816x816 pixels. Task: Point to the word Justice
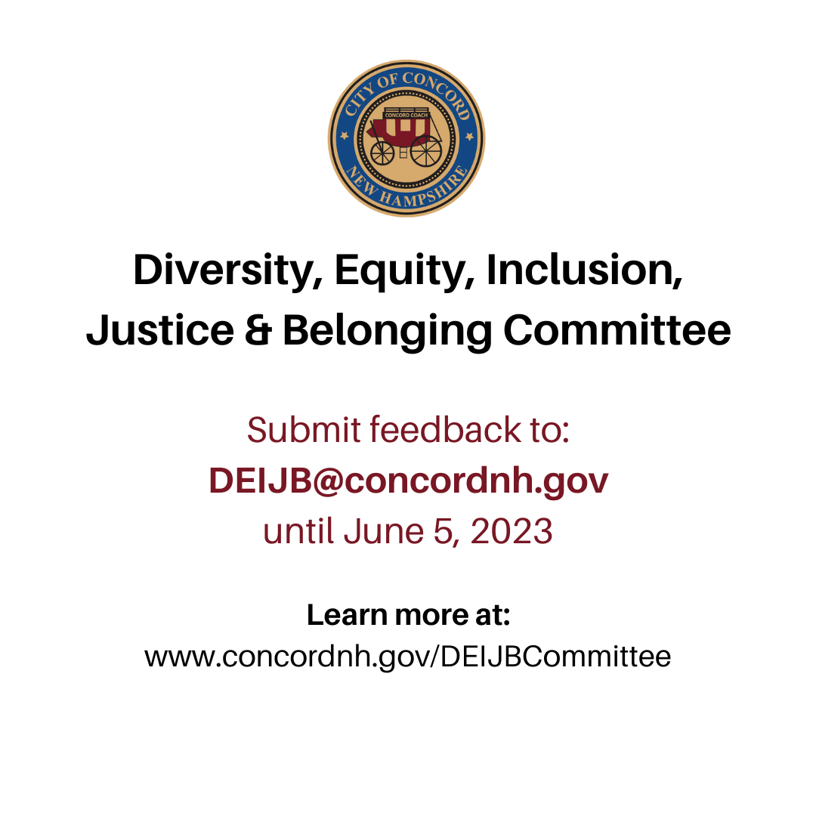[x=160, y=330]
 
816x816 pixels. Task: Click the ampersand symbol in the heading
[x=258, y=330]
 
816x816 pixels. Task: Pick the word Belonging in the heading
[x=387, y=332]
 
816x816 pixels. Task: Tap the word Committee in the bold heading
[x=617, y=330]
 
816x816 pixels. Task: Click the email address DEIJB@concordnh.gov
[x=409, y=481]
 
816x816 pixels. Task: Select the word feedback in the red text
[x=445, y=430]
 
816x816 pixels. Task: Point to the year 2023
[x=511, y=531]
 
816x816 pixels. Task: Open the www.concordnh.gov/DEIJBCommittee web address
[x=408, y=657]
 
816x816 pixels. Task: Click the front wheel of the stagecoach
[x=382, y=153]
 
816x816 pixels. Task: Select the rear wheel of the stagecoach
[x=425, y=151]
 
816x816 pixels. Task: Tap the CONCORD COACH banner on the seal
[x=406, y=115]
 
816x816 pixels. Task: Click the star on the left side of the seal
[x=344, y=136]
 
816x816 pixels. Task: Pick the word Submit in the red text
[x=304, y=430]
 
